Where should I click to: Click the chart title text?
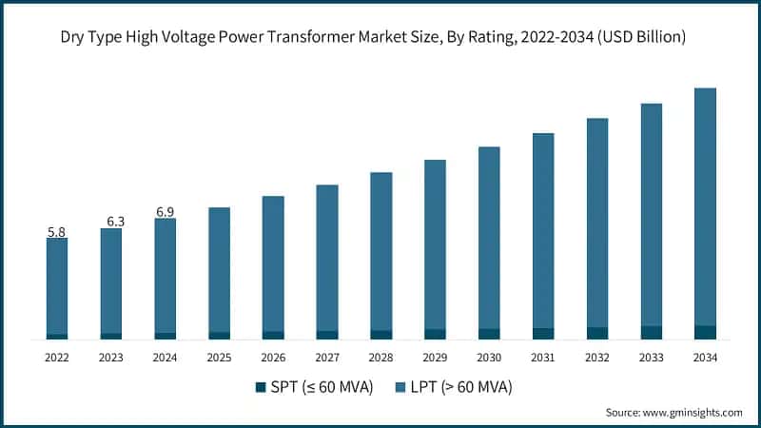[380, 36]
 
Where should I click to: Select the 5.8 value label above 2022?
[57, 231]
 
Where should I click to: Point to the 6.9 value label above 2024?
[165, 211]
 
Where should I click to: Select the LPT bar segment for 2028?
[380, 251]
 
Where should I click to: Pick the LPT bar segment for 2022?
[57, 285]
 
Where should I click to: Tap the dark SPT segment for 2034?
[705, 332]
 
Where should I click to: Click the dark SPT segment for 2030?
[489, 334]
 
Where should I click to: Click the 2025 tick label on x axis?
[219, 358]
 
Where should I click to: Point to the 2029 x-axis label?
[435, 358]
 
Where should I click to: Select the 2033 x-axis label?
[651, 358]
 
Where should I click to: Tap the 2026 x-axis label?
[273, 358]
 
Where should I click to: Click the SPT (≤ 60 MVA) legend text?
[321, 386]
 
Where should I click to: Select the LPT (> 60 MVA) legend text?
[460, 386]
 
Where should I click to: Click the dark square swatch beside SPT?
[261, 387]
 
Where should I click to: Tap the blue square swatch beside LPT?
[400, 387]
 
